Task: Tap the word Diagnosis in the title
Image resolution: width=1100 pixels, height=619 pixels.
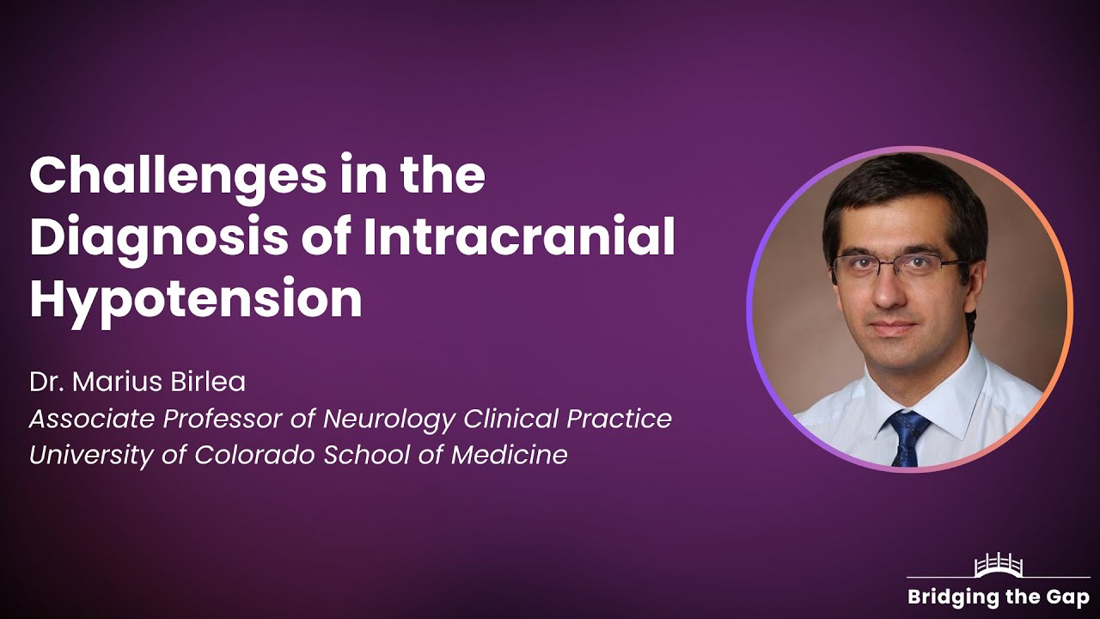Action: [159, 238]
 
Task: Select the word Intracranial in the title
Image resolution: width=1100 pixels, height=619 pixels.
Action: [519, 238]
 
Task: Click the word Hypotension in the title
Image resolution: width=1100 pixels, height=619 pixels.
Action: [196, 299]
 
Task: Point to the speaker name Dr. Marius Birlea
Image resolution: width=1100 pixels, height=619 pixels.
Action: [137, 383]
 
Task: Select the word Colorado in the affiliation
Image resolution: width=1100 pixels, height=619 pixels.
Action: [256, 455]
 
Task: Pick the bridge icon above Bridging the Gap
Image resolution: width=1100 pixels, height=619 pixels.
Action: [999, 567]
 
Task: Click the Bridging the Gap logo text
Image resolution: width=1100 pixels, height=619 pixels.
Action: [999, 597]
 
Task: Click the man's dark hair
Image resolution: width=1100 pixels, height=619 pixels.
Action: [902, 193]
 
